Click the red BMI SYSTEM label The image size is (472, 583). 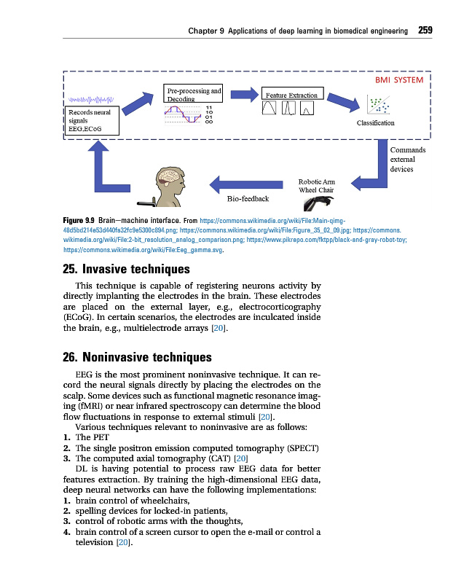point(398,80)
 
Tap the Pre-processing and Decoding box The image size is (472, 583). point(192,95)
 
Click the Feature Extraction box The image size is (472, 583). point(291,95)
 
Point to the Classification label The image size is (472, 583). point(376,123)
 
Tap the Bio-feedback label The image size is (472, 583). point(248,198)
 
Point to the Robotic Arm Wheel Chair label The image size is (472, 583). point(316,186)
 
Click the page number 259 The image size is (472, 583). point(425,31)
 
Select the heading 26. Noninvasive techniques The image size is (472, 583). point(138,357)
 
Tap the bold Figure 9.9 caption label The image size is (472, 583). point(79,219)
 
